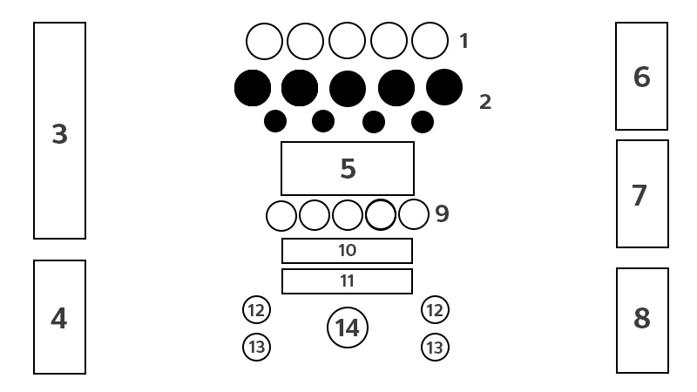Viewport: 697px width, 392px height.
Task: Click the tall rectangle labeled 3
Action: tap(59, 131)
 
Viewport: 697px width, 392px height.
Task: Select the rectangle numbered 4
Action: tap(59, 317)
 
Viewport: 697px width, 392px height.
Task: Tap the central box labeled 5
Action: tap(347, 168)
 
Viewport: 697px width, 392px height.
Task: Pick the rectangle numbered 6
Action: tap(641, 77)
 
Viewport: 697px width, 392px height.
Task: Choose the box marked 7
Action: tap(641, 194)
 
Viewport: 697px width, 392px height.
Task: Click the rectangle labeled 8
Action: tap(641, 320)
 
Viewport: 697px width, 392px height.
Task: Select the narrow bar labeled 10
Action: tap(347, 251)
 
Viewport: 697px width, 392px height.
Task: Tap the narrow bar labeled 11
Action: tap(347, 281)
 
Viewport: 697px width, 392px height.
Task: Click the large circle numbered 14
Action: tap(348, 328)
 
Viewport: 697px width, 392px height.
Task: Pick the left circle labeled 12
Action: tap(256, 309)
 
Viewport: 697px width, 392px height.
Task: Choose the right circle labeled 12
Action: tap(435, 309)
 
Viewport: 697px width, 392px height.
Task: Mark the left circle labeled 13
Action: tap(256, 348)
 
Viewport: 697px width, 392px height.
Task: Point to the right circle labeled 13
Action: tap(435, 348)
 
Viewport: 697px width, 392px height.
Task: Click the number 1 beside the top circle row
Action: tap(464, 40)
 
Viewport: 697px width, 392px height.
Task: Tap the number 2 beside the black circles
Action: tap(485, 102)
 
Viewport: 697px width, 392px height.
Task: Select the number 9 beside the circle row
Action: tap(443, 213)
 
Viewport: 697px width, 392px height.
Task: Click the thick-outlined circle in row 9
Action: tap(381, 214)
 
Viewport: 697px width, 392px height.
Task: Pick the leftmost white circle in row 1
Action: tap(264, 41)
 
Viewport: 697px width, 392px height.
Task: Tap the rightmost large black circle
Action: tap(444, 86)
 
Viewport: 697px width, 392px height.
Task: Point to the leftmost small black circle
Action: tap(275, 121)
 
